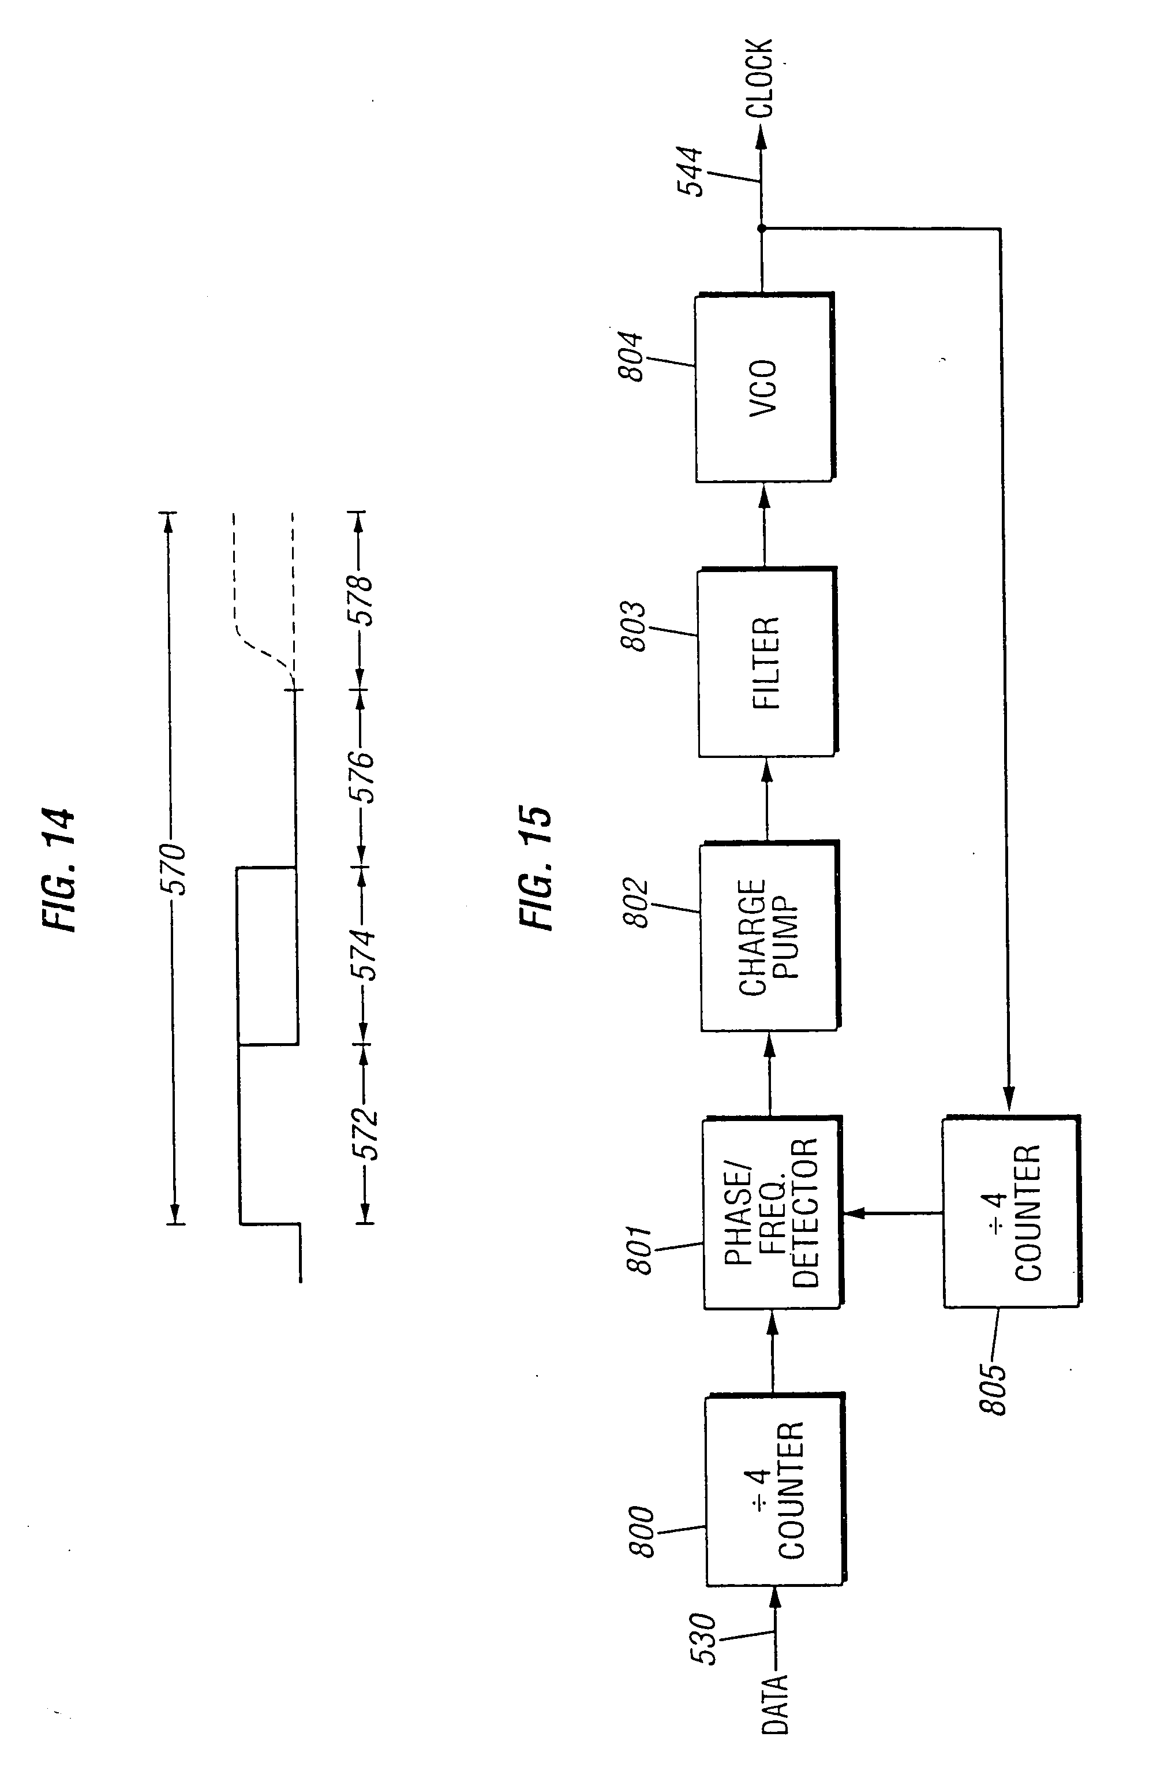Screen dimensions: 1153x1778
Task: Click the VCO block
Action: [x=764, y=387]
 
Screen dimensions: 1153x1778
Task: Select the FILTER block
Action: [x=767, y=662]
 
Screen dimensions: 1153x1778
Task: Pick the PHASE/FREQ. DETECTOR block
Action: [x=772, y=1212]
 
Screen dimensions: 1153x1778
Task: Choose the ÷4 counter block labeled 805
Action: [x=1012, y=1212]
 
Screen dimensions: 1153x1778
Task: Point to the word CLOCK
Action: [x=759, y=79]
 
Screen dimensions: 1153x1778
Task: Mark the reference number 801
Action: [x=639, y=1249]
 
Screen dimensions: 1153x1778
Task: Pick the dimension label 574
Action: [x=363, y=955]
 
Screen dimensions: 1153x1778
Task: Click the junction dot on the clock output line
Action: [x=762, y=229]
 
